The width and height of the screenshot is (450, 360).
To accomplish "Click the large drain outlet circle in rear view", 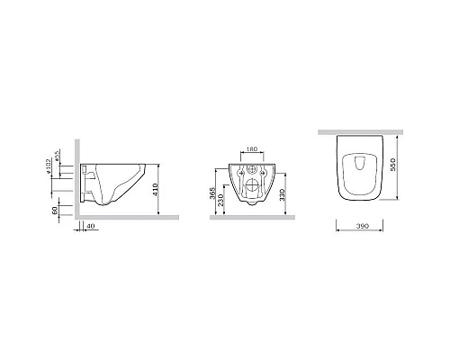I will [251, 189].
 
